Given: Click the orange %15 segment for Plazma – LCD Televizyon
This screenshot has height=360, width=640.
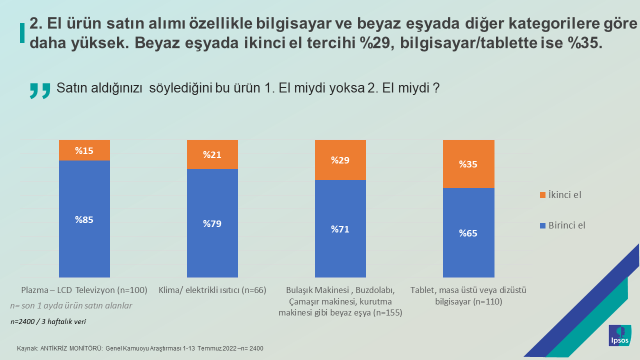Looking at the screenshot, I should tap(84, 150).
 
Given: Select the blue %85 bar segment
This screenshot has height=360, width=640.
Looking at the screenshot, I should tap(84, 219).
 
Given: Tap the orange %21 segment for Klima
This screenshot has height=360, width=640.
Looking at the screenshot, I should tap(212, 154).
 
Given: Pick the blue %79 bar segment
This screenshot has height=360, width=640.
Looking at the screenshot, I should tap(212, 223).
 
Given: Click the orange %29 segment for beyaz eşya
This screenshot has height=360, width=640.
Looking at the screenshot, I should tap(340, 160).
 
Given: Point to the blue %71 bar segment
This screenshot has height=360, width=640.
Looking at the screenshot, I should tap(340, 229).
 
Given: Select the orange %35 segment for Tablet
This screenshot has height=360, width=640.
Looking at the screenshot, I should tap(468, 165).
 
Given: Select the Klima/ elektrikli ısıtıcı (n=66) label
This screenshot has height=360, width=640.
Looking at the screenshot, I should tap(212, 290).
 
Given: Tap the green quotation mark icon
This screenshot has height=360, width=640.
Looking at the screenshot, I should tap(40, 91).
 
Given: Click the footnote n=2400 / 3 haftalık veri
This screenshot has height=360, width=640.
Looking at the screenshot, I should tap(46, 322).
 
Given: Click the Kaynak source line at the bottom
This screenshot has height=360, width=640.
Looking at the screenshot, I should tap(139, 348).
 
